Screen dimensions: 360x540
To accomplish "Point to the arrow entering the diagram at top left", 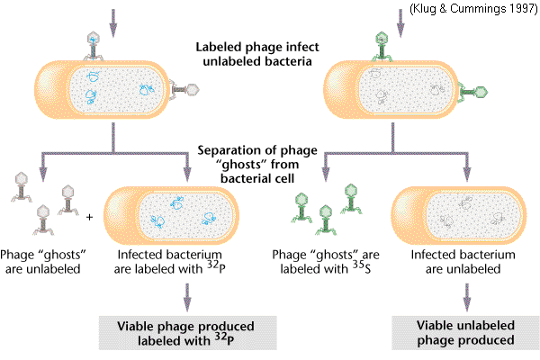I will click(x=112, y=15).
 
